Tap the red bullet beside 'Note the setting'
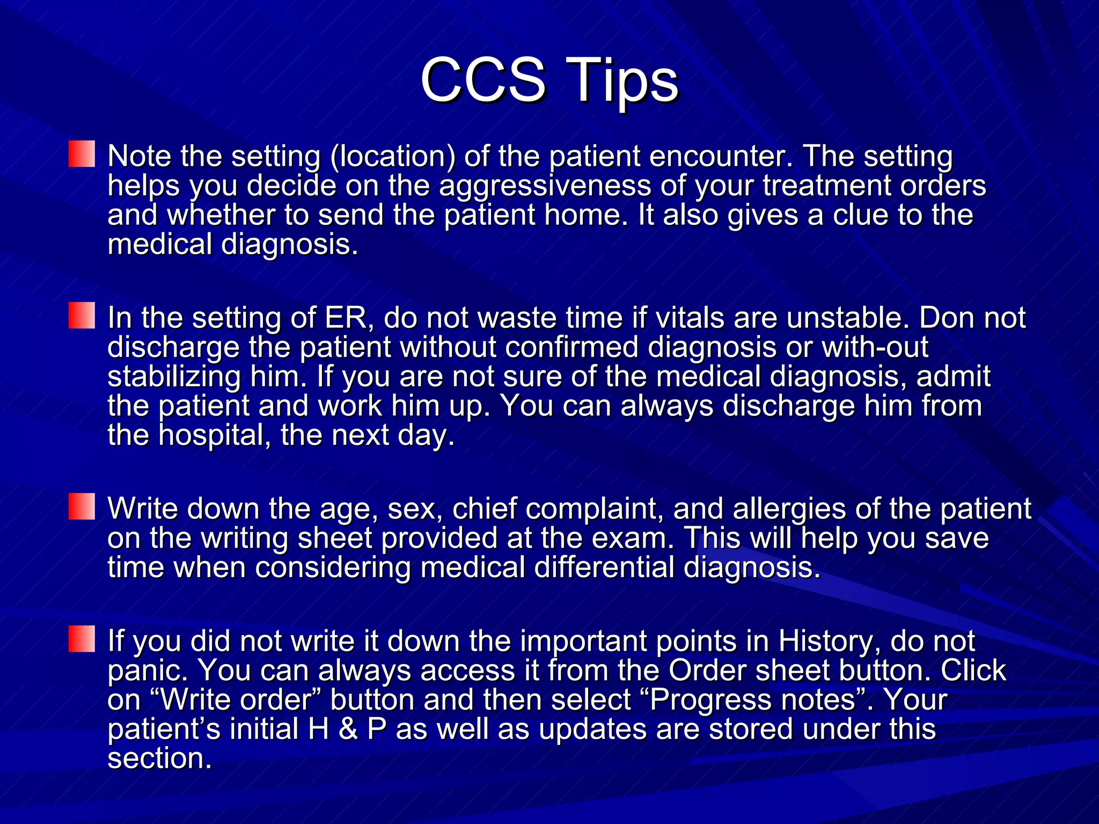[x=82, y=154]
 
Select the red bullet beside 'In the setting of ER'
[x=82, y=315]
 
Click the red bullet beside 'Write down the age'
[x=82, y=506]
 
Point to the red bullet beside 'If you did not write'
[x=82, y=639]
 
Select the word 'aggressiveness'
[x=545, y=186]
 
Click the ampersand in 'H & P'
[x=348, y=729]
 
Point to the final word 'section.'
[x=159, y=759]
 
